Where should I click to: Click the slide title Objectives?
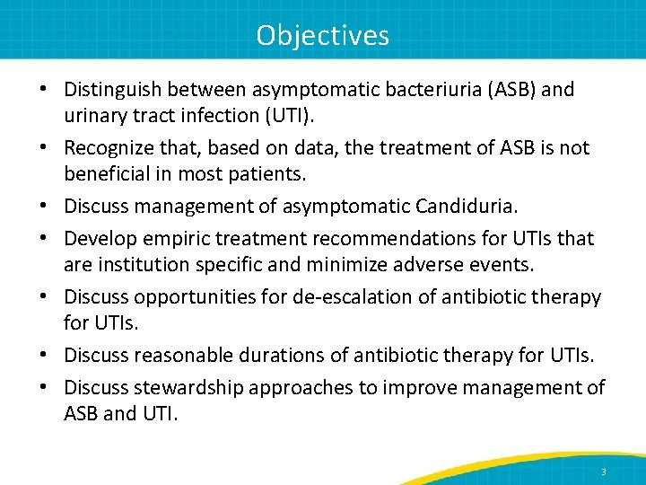pyautogui.click(x=322, y=34)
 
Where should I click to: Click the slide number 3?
pyautogui.click(x=604, y=472)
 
